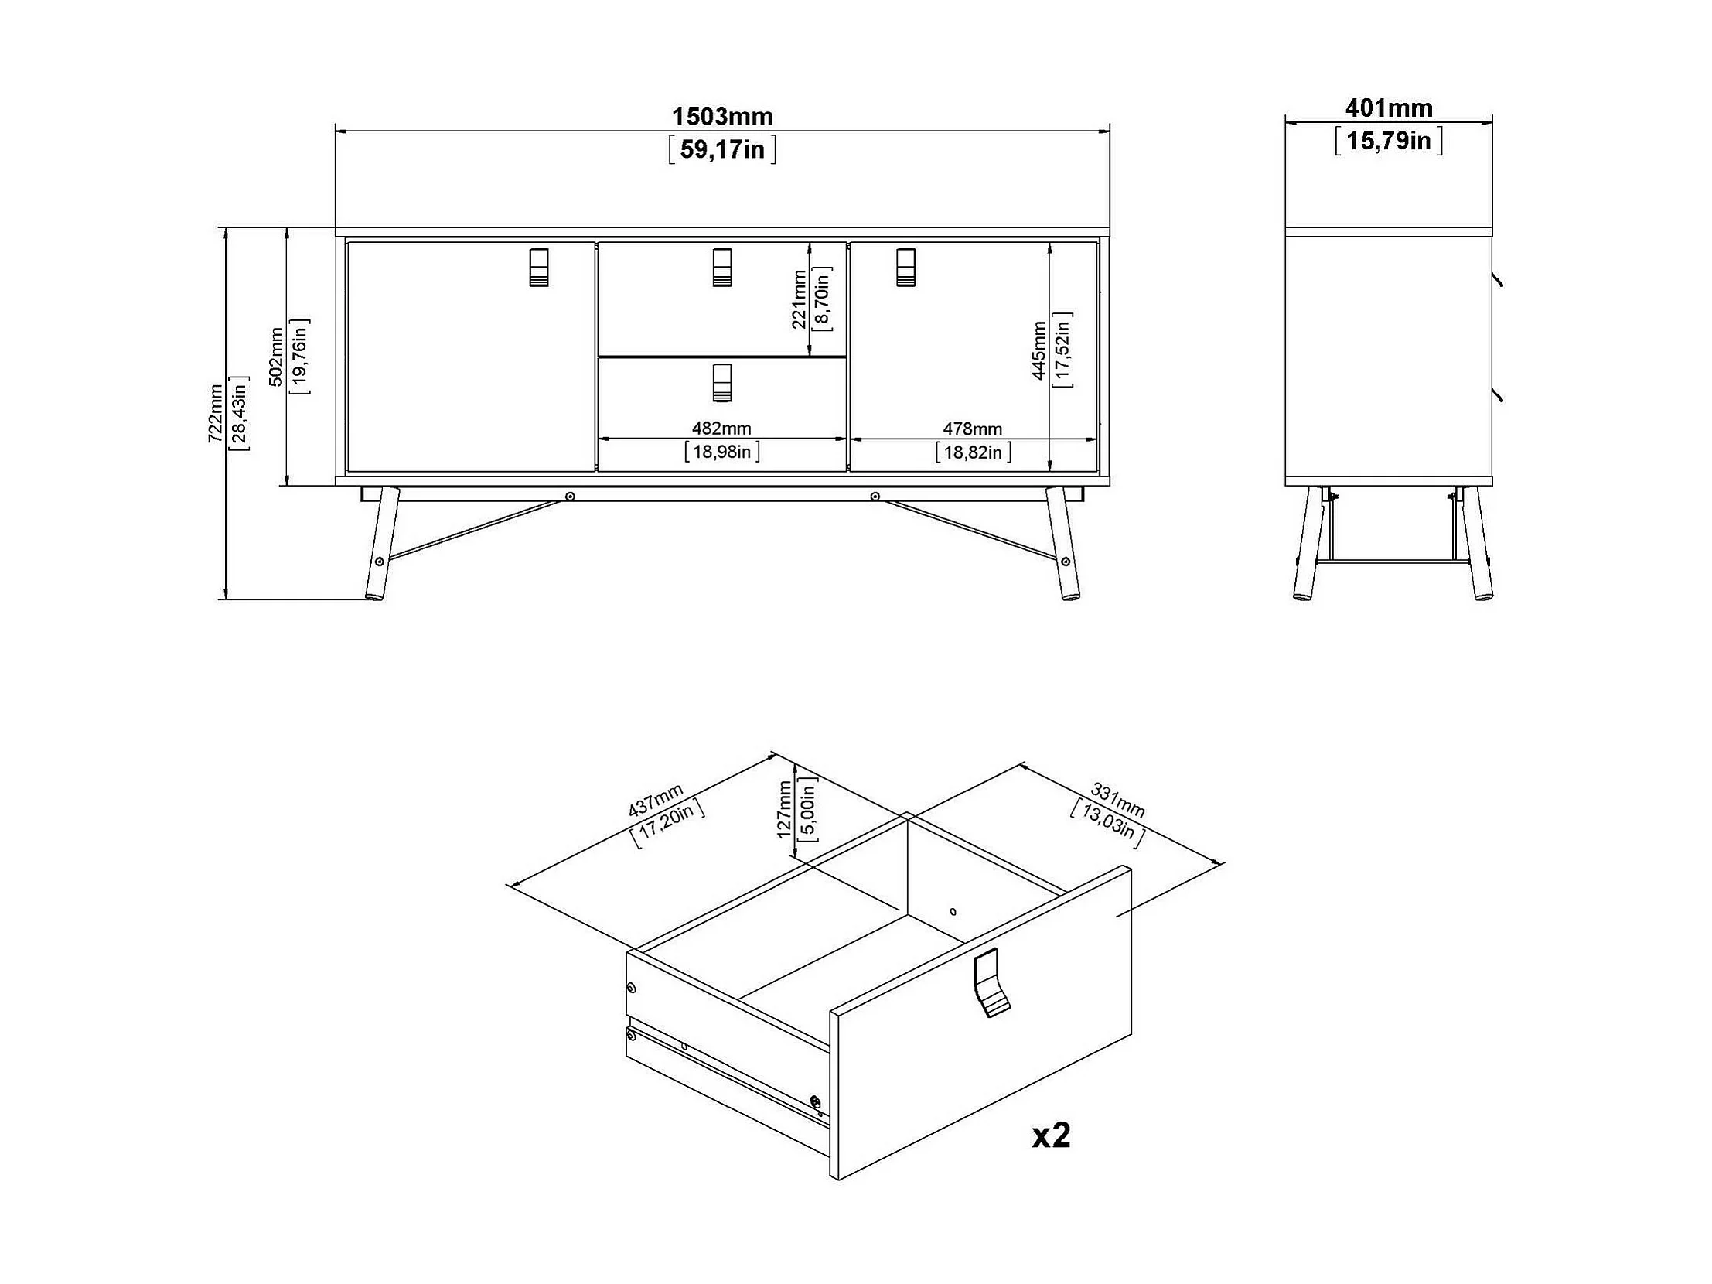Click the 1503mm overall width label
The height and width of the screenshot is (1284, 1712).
pos(721,117)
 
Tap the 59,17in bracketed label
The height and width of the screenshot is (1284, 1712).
pos(721,149)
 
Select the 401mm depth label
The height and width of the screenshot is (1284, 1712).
pos(1389,108)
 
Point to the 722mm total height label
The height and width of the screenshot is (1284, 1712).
pos(215,413)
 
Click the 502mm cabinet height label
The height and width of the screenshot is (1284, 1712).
pos(276,357)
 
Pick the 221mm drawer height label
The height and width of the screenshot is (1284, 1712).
pos(800,299)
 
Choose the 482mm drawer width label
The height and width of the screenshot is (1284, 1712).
pos(721,428)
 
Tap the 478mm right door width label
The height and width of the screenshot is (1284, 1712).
pos(972,428)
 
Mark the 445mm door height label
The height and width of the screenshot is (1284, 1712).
pos(1039,350)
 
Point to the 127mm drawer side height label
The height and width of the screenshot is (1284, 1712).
pos(784,810)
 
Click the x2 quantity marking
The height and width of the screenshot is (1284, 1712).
pos(1051,1135)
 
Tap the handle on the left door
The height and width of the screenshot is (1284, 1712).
pos(539,268)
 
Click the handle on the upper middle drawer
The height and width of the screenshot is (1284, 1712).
pos(721,268)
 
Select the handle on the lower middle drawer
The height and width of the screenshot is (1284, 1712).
pos(721,382)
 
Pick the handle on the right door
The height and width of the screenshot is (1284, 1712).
pos(905,268)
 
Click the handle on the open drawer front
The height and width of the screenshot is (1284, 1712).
pos(991,983)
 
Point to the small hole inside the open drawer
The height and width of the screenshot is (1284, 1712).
pos(953,912)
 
